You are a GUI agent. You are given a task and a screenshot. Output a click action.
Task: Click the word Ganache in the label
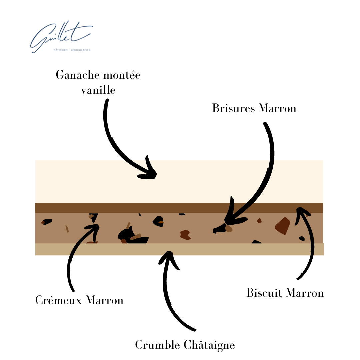[78, 75]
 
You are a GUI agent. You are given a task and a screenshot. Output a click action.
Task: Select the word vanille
[98, 90]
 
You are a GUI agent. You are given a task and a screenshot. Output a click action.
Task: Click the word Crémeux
[59, 300]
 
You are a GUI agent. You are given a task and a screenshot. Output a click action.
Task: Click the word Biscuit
[265, 293]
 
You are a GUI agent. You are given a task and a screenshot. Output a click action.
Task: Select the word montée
[122, 75]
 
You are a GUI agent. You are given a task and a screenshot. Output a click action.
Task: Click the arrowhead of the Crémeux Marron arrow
[95, 227]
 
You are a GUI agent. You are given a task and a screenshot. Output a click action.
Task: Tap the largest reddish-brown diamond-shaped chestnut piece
[283, 226]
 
